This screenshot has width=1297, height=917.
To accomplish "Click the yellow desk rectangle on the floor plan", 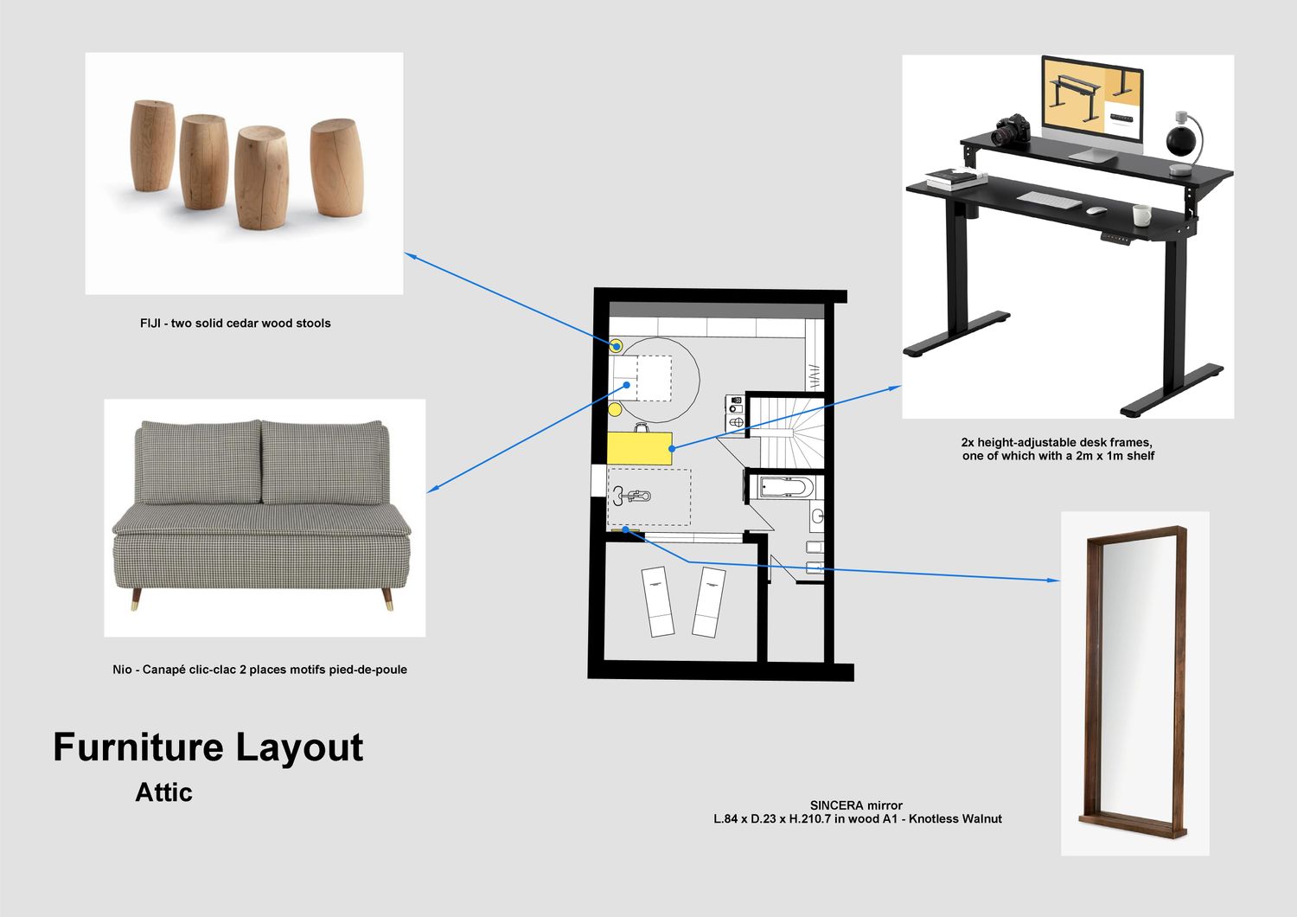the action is point(639,448).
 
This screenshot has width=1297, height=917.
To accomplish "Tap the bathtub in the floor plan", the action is point(786,488).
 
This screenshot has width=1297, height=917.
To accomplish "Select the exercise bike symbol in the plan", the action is point(631,496).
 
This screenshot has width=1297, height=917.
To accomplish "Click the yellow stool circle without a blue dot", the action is point(615,409).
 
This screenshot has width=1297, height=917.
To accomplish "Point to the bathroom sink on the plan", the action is point(817,516).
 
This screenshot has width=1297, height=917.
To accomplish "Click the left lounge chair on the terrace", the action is point(658,601).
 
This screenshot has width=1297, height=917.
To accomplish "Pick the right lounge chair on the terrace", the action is point(709,602).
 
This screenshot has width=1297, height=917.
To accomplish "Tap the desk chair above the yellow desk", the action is point(641,427).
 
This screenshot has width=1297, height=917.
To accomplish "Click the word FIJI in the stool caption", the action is point(150,324).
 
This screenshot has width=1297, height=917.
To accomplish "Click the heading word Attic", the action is point(164,792).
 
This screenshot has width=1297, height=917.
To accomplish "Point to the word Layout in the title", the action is point(299,747).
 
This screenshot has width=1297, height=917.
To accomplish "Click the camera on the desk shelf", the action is point(1012,130).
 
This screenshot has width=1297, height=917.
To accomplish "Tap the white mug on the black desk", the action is point(1142,215).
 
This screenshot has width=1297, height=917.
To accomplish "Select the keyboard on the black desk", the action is point(1049,199).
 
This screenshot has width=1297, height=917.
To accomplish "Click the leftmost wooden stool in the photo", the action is point(153,145).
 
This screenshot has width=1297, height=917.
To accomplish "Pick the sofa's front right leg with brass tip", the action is point(387,599).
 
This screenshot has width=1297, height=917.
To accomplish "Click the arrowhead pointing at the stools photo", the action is point(410,255).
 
